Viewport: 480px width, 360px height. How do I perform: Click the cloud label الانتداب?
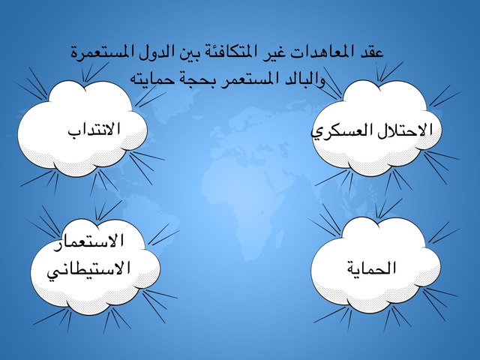[94, 130]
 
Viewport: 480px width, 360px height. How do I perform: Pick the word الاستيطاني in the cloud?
[88, 268]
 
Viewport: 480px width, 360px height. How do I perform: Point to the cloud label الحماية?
[371, 268]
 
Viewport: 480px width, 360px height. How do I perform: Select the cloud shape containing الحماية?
[376, 265]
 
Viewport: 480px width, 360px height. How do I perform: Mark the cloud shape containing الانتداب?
[82, 128]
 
